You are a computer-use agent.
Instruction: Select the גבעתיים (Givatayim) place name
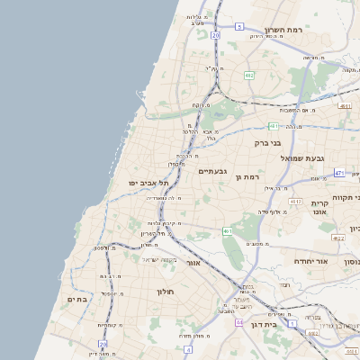tap(212, 171)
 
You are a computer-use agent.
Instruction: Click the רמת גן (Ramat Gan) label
tap(246, 178)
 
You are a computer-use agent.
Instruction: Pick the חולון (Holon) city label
tap(164, 292)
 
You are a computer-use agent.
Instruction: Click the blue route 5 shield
tap(239, 27)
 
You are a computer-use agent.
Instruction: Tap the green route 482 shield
tap(248, 76)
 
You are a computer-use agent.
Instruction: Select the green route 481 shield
tap(272, 126)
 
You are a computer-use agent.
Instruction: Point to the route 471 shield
tap(338, 172)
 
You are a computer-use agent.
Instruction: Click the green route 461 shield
tap(229, 231)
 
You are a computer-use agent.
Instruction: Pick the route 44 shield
tap(239, 321)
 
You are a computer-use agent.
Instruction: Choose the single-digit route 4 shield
tap(187, 348)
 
